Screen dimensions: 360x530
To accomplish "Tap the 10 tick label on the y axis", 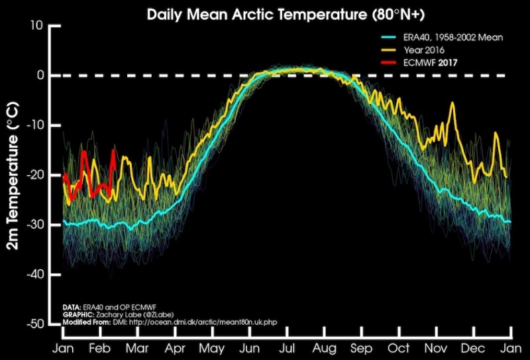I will coord(37,25).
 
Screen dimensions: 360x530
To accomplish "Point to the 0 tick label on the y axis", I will coord(40,75).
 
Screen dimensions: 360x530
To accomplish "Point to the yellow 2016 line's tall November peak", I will coord(452,104).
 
